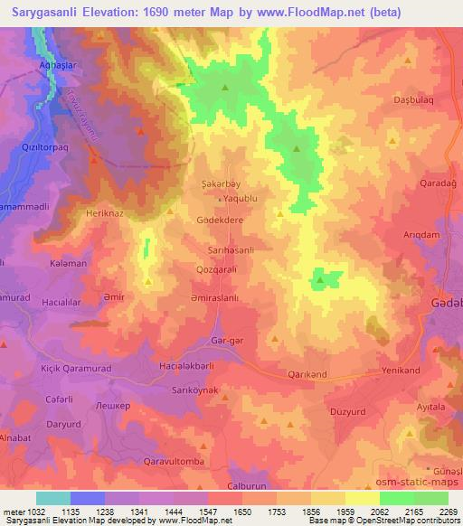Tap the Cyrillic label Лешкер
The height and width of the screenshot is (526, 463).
pyautogui.click(x=113, y=406)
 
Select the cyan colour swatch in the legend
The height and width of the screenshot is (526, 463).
pyautogui.click(x=52, y=498)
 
